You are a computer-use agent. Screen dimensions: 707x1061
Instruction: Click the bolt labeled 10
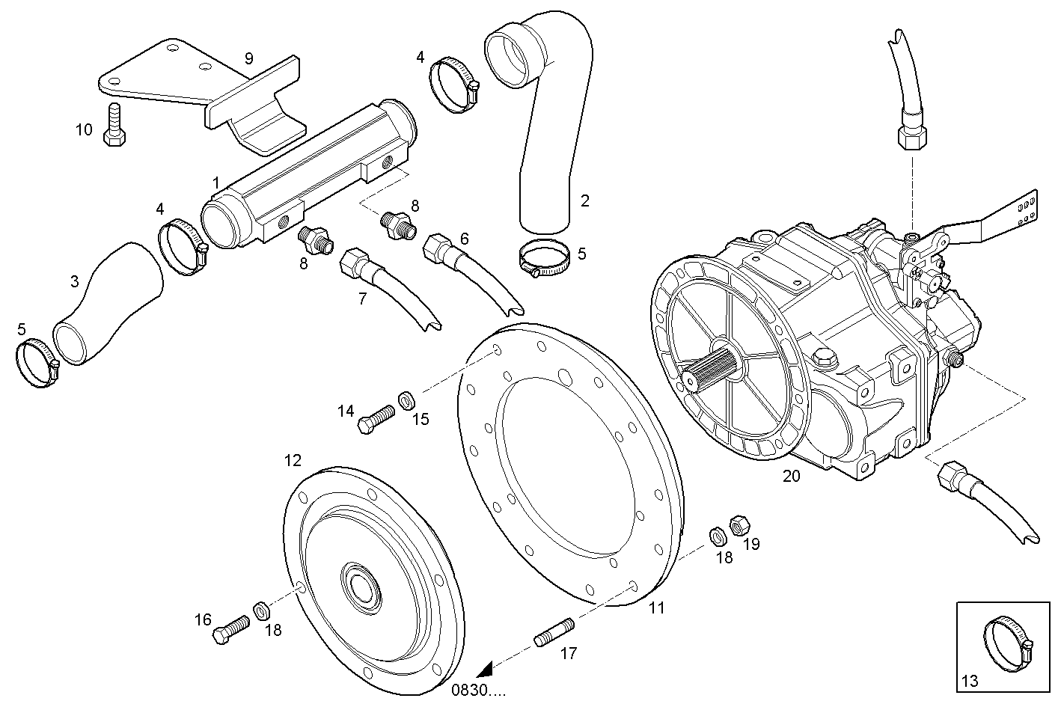(114, 125)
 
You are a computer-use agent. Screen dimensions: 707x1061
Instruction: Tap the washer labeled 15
(407, 399)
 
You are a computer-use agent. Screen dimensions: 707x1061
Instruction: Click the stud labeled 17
(554, 631)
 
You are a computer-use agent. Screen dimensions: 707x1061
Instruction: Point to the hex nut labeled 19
(738, 524)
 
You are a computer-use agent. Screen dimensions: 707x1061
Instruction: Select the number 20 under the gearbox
(791, 475)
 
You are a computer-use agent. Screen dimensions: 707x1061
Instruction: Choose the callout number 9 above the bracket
(249, 58)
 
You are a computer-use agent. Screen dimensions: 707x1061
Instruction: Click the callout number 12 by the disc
(293, 459)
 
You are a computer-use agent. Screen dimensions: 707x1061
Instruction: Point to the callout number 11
(656, 608)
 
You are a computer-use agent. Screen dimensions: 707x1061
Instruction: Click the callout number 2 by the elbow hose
(585, 200)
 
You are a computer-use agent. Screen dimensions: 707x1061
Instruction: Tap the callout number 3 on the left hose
(74, 281)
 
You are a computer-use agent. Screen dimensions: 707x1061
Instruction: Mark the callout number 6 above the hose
(465, 238)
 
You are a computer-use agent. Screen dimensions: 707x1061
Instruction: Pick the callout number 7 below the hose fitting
(362, 299)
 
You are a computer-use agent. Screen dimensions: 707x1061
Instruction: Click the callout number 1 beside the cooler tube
(215, 183)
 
